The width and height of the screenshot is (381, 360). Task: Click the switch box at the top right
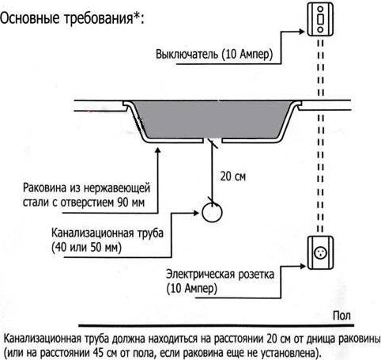(x=320, y=19)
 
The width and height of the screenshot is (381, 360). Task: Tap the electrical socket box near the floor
(x=321, y=253)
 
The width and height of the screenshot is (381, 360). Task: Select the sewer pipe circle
(x=212, y=212)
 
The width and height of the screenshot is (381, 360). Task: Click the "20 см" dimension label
(x=233, y=176)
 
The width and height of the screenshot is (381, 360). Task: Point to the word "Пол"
(x=341, y=316)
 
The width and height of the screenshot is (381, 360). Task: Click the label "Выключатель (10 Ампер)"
(x=214, y=55)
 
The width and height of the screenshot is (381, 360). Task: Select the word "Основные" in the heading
(x=30, y=18)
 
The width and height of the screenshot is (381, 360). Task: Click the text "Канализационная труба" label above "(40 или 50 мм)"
(x=108, y=233)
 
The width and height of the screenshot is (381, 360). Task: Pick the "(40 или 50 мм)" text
(x=86, y=248)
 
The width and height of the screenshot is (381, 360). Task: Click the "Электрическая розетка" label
(x=220, y=275)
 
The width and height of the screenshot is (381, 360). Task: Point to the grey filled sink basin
(x=212, y=119)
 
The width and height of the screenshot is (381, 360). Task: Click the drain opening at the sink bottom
(x=213, y=140)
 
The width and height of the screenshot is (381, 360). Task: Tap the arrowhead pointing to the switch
(x=302, y=32)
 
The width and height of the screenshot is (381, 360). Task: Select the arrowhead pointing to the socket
(x=303, y=267)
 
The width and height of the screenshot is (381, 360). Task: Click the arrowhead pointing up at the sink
(x=158, y=150)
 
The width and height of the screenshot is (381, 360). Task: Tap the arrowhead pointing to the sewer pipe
(x=196, y=213)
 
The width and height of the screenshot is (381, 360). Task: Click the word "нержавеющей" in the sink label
(x=117, y=188)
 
